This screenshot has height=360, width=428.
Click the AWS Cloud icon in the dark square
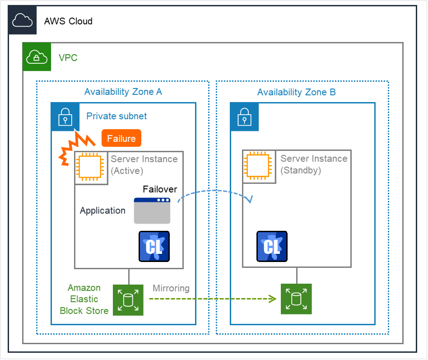(22, 20)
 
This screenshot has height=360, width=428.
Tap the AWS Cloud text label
(68, 21)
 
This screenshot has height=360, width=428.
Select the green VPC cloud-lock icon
(37, 57)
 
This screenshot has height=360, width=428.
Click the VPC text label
(68, 58)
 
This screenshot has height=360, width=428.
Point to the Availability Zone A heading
(123, 92)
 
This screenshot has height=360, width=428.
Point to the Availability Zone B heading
(296, 93)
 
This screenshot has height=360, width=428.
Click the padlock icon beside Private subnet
(65, 117)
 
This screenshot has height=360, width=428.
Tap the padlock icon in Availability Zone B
(244, 117)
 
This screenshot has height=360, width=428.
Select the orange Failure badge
(121, 139)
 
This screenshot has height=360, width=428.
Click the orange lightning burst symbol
(77, 145)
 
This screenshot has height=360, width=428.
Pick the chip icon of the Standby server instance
(260, 167)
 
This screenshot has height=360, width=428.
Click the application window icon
(152, 210)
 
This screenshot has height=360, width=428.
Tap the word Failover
(160, 189)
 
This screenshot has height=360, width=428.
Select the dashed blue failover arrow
(214, 191)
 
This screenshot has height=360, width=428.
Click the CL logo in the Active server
(154, 246)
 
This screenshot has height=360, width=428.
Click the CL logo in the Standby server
(272, 246)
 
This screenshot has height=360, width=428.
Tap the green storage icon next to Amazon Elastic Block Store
(128, 300)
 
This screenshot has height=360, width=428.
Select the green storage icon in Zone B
(296, 299)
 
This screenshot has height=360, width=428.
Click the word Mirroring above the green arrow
(171, 288)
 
